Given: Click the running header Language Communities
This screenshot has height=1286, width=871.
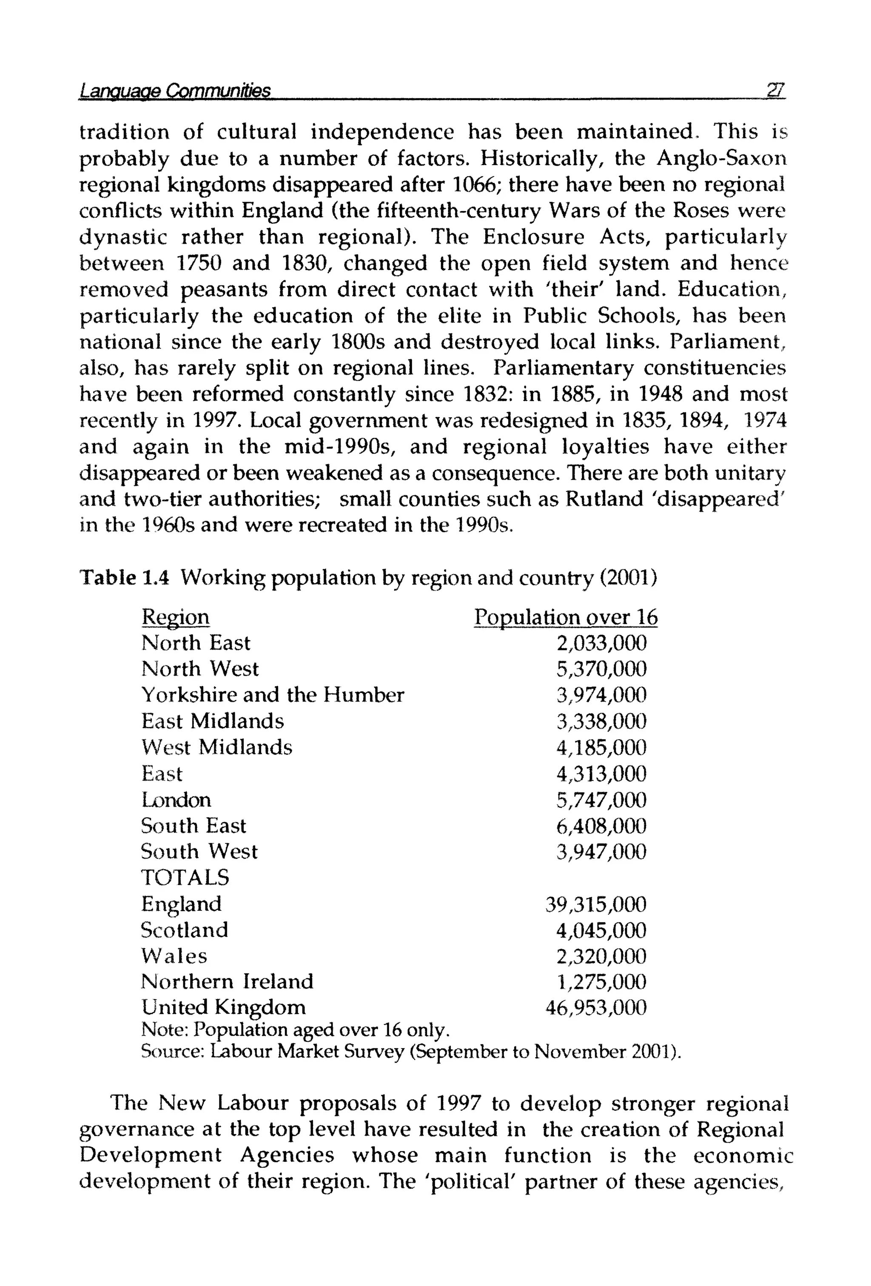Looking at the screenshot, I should pyautogui.click(x=175, y=90).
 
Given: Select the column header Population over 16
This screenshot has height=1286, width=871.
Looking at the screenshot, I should pyautogui.click(x=566, y=617).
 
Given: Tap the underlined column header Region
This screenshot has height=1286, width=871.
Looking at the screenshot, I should pyautogui.click(x=175, y=616).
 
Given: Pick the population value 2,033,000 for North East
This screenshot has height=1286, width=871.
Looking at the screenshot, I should pyautogui.click(x=601, y=643).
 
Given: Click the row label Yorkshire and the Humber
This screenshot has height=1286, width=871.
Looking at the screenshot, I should pyautogui.click(x=272, y=695).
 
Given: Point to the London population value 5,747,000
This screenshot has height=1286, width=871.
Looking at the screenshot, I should pyautogui.click(x=601, y=800).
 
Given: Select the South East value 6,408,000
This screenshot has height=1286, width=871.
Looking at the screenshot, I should pyautogui.click(x=601, y=826).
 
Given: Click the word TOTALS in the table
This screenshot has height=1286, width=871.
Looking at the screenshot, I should pyautogui.click(x=185, y=878).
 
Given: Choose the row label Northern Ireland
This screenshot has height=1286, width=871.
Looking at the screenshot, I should pyautogui.click(x=227, y=982).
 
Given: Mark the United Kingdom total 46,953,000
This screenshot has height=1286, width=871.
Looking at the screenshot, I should pyautogui.click(x=595, y=1008).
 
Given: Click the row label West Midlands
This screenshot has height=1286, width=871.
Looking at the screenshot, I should pyautogui.click(x=216, y=747).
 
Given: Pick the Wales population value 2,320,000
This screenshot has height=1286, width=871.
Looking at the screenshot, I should pyautogui.click(x=601, y=956).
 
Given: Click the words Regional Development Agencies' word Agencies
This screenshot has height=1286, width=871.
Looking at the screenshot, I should pyautogui.click(x=287, y=1155).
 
